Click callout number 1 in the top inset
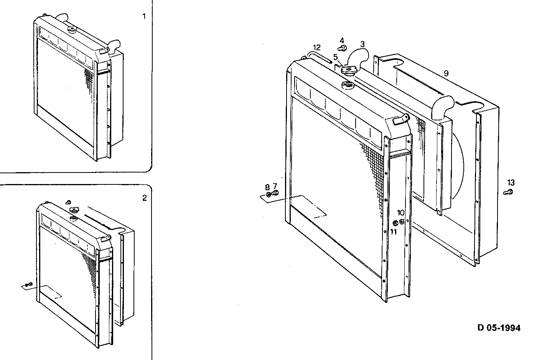pyautogui.click(x=144, y=16)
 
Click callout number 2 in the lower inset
pyautogui.click(x=144, y=198)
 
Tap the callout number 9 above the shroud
pyautogui.click(x=446, y=73)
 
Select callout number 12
pyautogui.click(x=316, y=48)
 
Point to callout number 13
pyautogui.click(x=511, y=183)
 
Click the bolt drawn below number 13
pyautogui.click(x=508, y=192)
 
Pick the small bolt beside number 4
pyautogui.click(x=343, y=48)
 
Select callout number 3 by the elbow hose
pyautogui.click(x=362, y=44)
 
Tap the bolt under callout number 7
pyautogui.click(x=275, y=193)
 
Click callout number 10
pyautogui.click(x=400, y=212)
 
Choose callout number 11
pyautogui.click(x=394, y=231)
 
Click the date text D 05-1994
pyautogui.click(x=499, y=328)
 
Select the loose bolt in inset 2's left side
pyautogui.click(x=27, y=284)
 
